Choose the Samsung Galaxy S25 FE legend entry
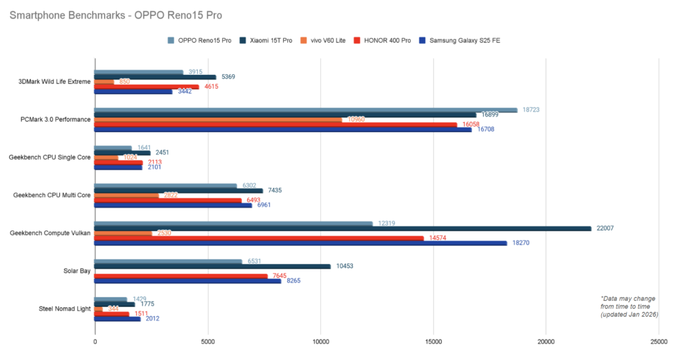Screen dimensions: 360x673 pyautogui.click(x=466, y=40)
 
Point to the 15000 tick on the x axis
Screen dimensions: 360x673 pyautogui.click(x=433, y=342)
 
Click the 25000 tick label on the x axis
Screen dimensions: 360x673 pyautogui.click(x=659, y=342)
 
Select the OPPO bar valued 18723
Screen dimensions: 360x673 pyautogui.click(x=306, y=110)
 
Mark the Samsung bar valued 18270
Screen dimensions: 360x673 pyautogui.click(x=300, y=243)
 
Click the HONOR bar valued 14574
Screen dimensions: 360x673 pyautogui.click(x=259, y=238)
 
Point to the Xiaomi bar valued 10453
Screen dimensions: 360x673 pyautogui.click(x=212, y=266)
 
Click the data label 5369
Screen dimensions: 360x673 pyautogui.click(x=228, y=77)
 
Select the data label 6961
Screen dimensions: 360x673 pyautogui.click(x=264, y=205)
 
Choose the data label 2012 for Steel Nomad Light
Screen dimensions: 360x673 pyautogui.click(x=152, y=319)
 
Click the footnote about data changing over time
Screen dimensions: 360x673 pyautogui.click(x=629, y=306)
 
